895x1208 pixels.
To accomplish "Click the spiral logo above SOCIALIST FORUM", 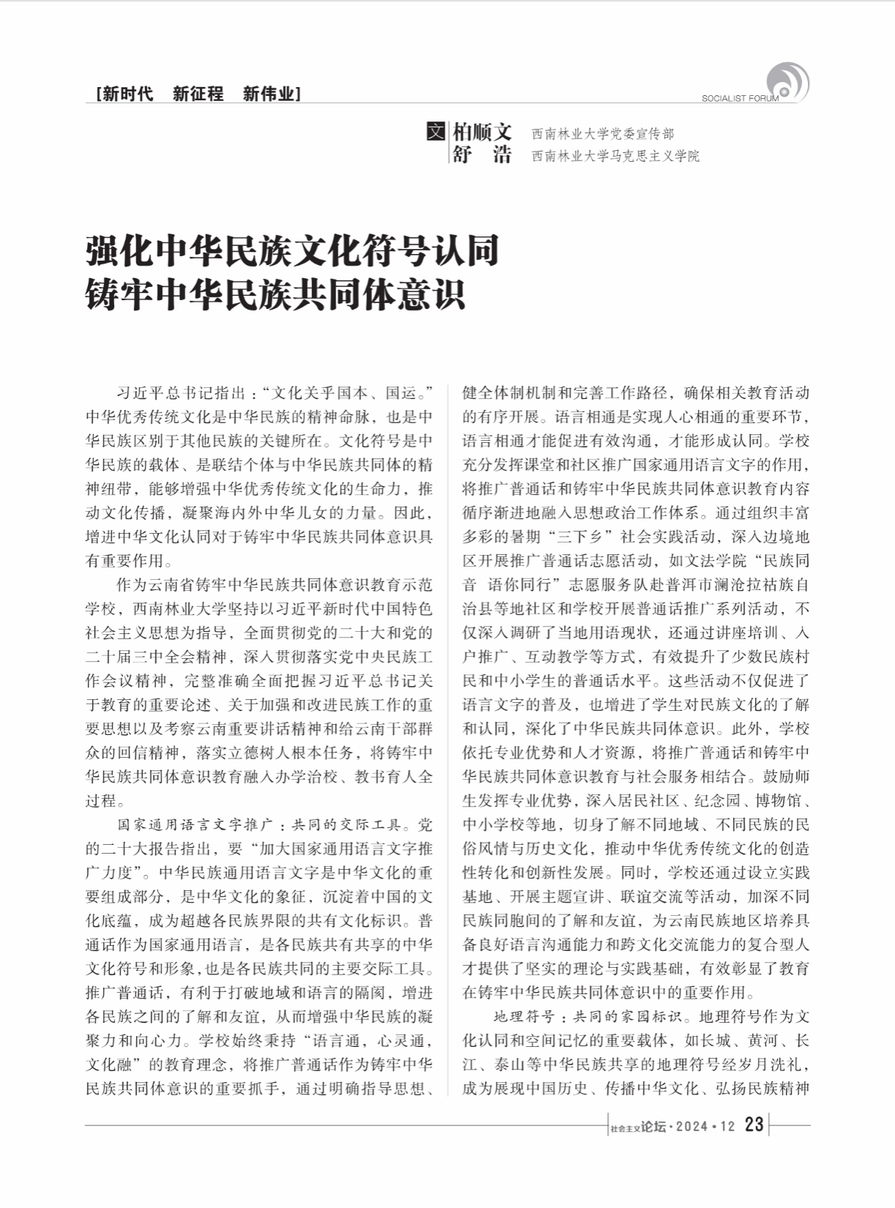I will click(787, 81).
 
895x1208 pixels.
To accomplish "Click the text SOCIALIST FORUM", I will click(740, 99).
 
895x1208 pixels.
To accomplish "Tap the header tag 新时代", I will click(127, 94).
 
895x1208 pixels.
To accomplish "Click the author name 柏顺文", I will click(481, 133).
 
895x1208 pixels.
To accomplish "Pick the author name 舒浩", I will click(481, 155).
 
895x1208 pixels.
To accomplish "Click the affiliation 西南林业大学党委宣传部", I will click(603, 134).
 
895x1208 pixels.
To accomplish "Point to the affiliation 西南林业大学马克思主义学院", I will click(615, 156).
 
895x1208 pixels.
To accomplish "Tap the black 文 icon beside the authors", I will click(435, 133).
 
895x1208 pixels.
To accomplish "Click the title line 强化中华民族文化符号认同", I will click(292, 251).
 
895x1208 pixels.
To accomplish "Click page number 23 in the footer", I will click(754, 1125).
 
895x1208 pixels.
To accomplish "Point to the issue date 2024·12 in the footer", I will click(705, 1127).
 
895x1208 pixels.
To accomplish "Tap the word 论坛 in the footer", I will click(653, 1127).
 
